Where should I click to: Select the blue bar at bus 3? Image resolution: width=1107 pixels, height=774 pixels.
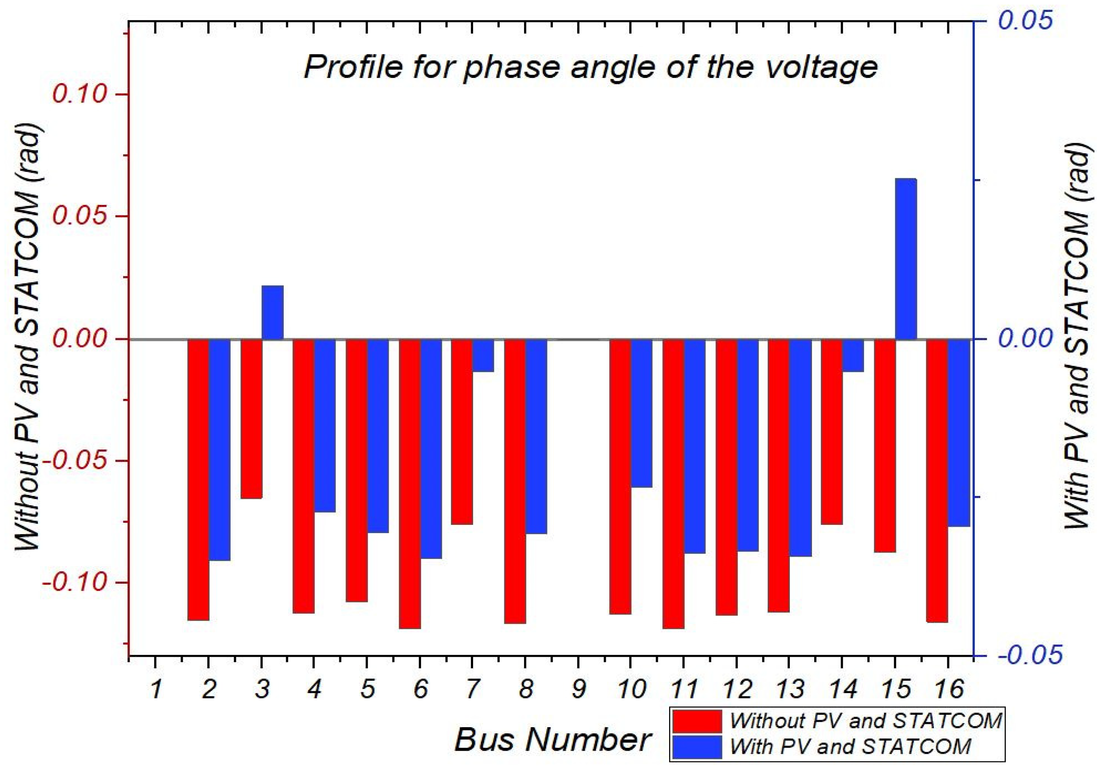click(x=273, y=312)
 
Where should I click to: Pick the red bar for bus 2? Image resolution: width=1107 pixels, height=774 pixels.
click(x=198, y=479)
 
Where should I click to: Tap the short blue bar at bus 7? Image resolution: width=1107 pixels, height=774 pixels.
click(x=483, y=355)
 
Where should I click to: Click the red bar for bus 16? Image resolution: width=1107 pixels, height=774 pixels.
click(x=937, y=481)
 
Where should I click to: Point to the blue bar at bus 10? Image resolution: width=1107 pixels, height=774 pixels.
click(x=642, y=413)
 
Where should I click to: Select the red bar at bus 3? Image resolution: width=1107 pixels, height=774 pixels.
click(x=251, y=418)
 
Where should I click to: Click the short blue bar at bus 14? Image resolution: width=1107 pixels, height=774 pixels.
click(x=853, y=355)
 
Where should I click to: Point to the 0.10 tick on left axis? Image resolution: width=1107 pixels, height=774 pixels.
click(x=79, y=94)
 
